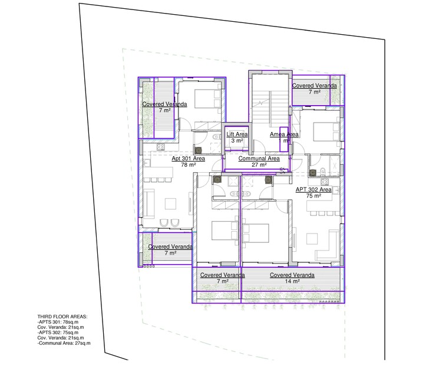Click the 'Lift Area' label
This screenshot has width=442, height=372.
click(237, 134)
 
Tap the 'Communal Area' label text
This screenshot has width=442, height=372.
click(259, 159)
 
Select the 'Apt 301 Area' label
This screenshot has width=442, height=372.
click(188, 159)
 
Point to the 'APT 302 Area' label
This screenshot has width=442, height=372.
click(314, 189)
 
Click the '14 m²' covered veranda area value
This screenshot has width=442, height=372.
click(292, 282)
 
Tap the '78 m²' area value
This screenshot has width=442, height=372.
click(188, 165)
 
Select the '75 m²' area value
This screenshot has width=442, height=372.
click(314, 196)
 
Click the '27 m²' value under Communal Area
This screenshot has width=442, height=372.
click(259, 165)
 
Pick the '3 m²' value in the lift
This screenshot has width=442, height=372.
click(237, 141)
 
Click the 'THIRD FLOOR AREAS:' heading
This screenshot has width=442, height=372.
click(62, 317)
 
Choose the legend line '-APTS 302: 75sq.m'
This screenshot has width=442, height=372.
click(61, 333)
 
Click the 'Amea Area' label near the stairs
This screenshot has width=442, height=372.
click(284, 134)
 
